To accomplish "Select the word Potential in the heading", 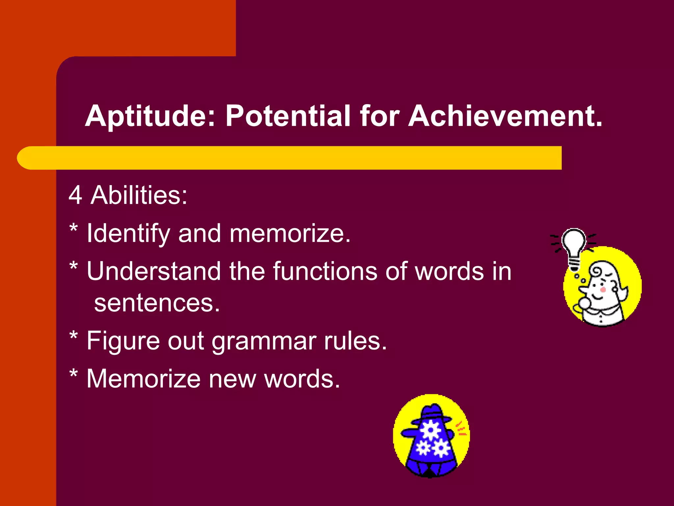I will (288, 116).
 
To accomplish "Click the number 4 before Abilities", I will (75, 195).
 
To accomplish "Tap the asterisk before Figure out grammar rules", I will (74, 336).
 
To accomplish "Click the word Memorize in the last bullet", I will (143, 379).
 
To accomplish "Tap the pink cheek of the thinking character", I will (603, 290).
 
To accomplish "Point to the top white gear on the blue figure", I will (431, 430).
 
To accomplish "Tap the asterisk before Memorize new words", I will (74, 374).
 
